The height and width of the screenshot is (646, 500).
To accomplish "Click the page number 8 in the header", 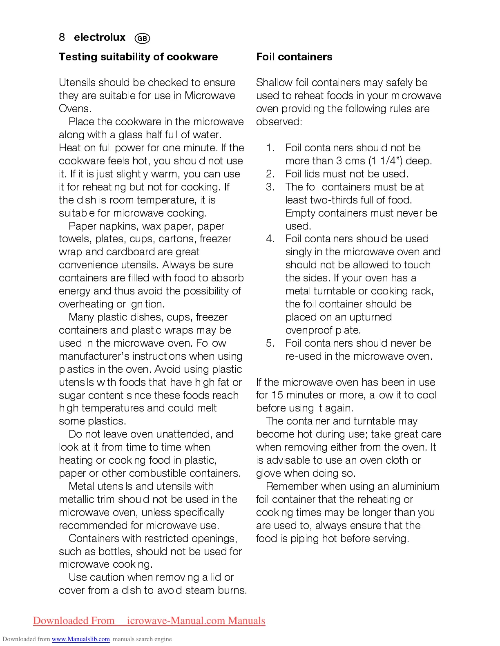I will click(62, 38).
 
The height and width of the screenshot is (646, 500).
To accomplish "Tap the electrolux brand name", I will click(100, 38).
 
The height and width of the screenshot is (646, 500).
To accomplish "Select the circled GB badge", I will click(142, 38).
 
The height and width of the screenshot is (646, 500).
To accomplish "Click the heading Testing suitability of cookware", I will click(138, 57).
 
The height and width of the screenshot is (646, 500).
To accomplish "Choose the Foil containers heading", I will click(294, 57).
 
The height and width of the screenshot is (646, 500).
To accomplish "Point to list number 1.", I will click(270, 148).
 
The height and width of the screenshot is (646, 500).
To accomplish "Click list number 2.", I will click(270, 174).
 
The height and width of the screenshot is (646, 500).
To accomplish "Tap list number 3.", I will click(270, 187).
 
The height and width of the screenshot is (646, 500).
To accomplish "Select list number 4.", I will click(270, 239).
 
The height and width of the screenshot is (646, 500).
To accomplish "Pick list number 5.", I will click(270, 343).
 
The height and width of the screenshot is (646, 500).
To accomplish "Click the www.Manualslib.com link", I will click(80, 639).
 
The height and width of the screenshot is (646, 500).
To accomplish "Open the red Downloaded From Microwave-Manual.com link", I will click(149, 621).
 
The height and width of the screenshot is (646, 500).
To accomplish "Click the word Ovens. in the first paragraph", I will click(75, 108).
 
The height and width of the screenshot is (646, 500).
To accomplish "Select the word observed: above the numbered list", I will click(279, 122).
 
